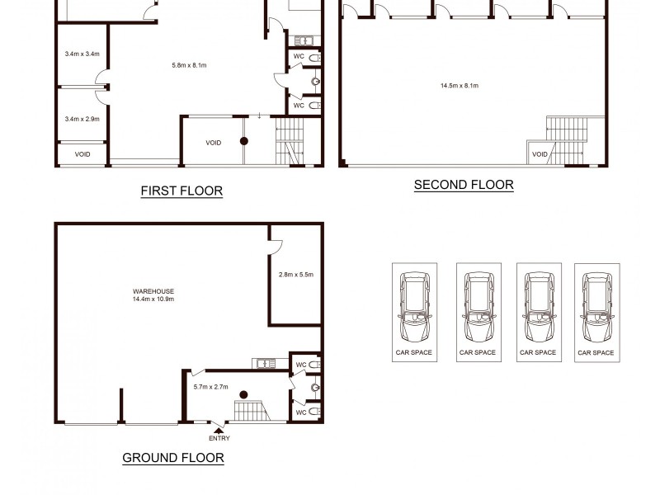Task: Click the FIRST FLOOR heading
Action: [x=181, y=191]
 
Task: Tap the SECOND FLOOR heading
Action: [x=464, y=185]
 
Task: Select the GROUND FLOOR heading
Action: [x=173, y=458]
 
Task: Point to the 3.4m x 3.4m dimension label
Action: [x=82, y=54]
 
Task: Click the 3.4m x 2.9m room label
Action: [x=82, y=119]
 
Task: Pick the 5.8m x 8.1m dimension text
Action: [x=189, y=65]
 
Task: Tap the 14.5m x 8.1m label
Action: [x=460, y=85]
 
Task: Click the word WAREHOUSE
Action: [x=153, y=291]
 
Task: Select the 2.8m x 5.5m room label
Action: [x=296, y=274]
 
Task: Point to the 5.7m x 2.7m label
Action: [x=210, y=386]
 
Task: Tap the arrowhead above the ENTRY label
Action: [x=218, y=427]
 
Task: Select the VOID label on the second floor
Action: [x=540, y=154]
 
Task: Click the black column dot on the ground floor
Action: [x=243, y=395]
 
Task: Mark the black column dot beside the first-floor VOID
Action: [x=244, y=142]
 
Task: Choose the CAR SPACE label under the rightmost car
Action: [x=596, y=352]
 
